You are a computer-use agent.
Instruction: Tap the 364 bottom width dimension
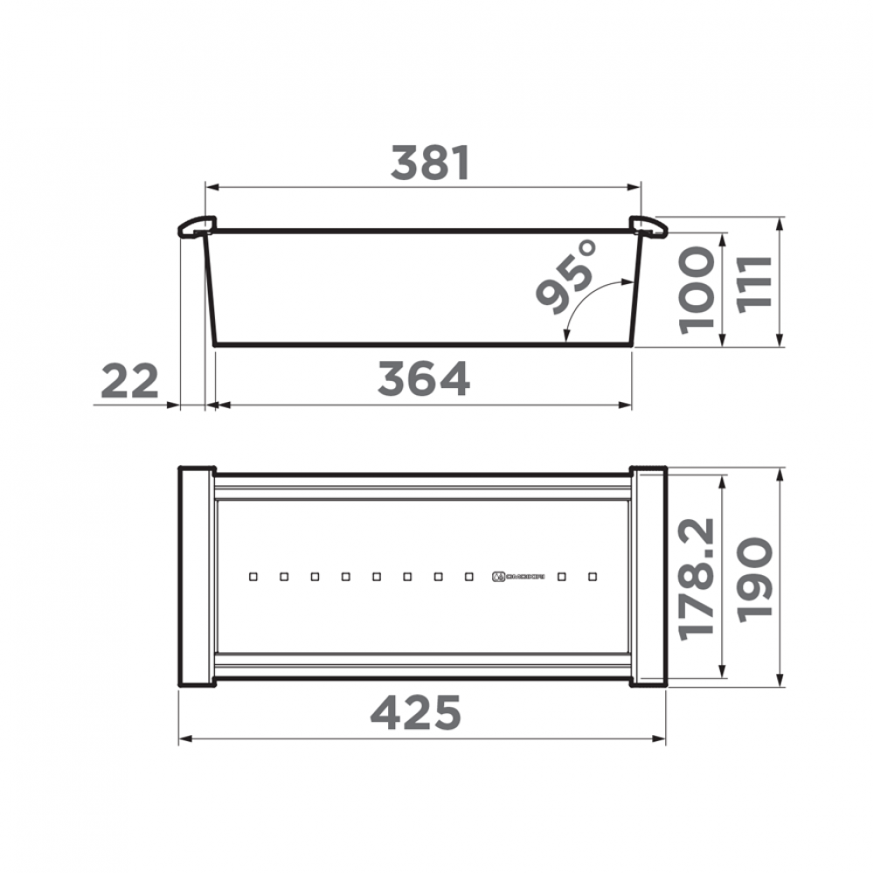(x=424, y=378)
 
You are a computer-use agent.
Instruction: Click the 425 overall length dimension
(x=415, y=713)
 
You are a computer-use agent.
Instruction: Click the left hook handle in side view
(x=195, y=227)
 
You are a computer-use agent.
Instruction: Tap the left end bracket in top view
(x=196, y=577)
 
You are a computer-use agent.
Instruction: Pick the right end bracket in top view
(x=649, y=577)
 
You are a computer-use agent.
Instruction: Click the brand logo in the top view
(x=519, y=577)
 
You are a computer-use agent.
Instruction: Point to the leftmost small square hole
(x=253, y=577)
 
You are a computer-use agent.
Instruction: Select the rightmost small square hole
(x=593, y=577)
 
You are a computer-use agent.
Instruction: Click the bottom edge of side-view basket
(x=424, y=344)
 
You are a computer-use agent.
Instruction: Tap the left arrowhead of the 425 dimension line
(x=184, y=739)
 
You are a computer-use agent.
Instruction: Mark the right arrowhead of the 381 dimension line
(x=636, y=186)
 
